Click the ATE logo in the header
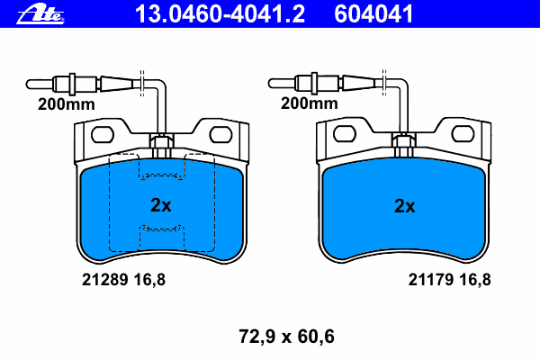pos(40,14)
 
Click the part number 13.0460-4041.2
pos(220,13)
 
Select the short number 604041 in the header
pos(373,13)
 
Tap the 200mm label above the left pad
pos(66,104)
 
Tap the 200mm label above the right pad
pos(309,103)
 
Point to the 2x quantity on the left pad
pos(161,205)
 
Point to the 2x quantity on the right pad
pos(405,206)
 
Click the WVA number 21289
pos(105,279)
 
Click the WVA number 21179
pos(431,279)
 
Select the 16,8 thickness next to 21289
pos(149,280)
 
